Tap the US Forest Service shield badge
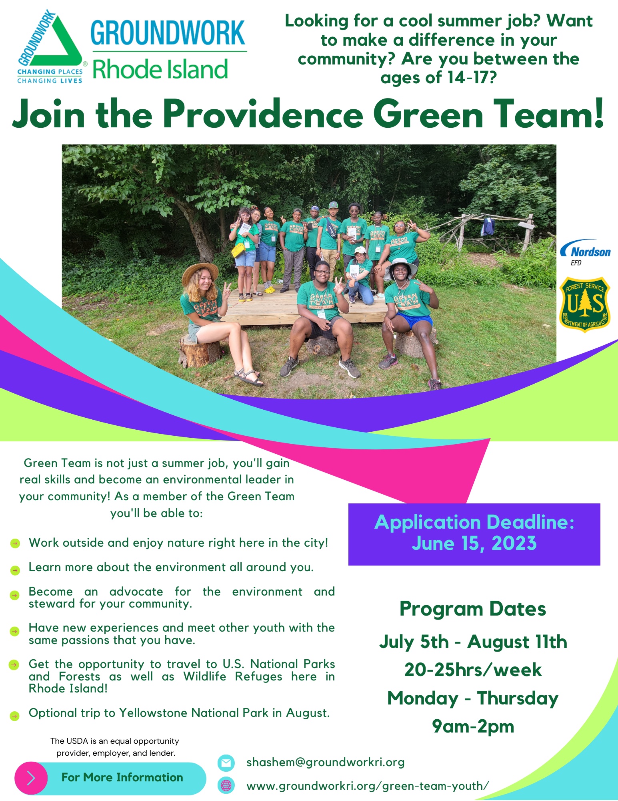click(x=585, y=304)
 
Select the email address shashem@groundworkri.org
click(x=325, y=762)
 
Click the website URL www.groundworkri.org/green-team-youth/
click(x=368, y=786)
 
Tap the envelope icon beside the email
click(x=226, y=763)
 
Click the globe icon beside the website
click(x=226, y=785)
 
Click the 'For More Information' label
click(x=122, y=777)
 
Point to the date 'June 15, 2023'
click(x=474, y=543)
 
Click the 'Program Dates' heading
click(x=473, y=609)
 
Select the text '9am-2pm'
click(x=473, y=726)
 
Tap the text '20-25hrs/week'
click(x=473, y=670)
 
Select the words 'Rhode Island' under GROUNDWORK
click(x=160, y=69)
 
